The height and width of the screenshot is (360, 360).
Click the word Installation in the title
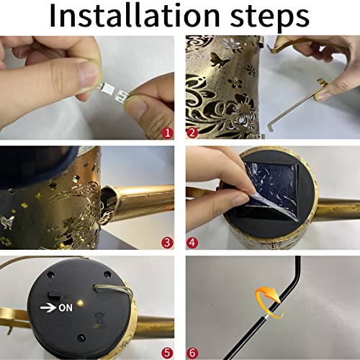tap(135, 15)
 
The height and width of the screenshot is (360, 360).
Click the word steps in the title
tap(270, 17)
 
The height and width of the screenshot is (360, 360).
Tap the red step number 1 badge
tap(168, 132)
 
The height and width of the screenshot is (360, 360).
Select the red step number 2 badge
tap(192, 132)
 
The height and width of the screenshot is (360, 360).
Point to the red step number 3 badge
tap(167, 243)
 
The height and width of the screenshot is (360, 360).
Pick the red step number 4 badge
tap(192, 243)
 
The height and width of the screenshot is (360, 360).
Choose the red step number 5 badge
tap(167, 353)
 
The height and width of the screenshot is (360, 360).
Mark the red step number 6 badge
tap(192, 353)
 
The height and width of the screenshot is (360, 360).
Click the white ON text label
tap(66, 307)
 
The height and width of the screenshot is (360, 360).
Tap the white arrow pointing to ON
tap(48, 308)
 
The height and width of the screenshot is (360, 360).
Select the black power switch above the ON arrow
tap(55, 294)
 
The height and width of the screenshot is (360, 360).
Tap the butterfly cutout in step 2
tap(220, 60)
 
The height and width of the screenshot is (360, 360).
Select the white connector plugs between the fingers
tap(112, 93)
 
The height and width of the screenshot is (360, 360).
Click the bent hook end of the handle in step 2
tap(271, 127)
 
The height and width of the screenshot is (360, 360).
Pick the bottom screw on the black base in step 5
tap(81, 338)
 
